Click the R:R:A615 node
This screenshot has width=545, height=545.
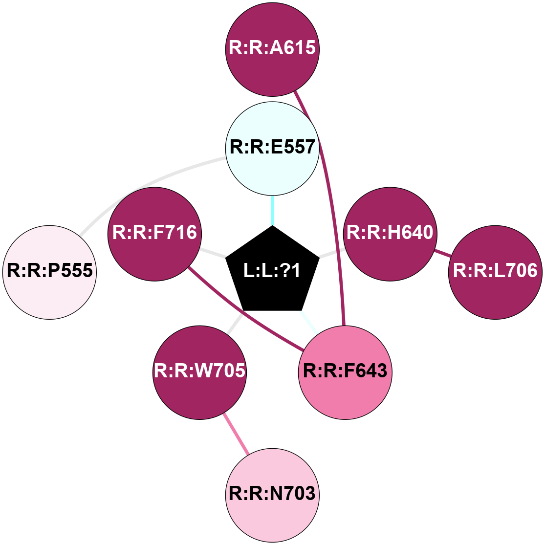point(272,49)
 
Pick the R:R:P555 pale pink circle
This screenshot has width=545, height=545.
point(49,272)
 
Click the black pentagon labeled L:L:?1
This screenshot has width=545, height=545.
point(272,271)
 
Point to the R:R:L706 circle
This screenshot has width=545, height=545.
point(495,272)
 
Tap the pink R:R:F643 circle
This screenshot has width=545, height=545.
point(345,372)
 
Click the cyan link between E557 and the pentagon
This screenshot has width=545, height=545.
point(272,210)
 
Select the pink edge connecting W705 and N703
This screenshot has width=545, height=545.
point(236,434)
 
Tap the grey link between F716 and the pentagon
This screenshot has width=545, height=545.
point(213,253)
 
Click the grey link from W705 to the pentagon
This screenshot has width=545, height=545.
point(235,325)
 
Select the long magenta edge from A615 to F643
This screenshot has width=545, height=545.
point(332,196)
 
